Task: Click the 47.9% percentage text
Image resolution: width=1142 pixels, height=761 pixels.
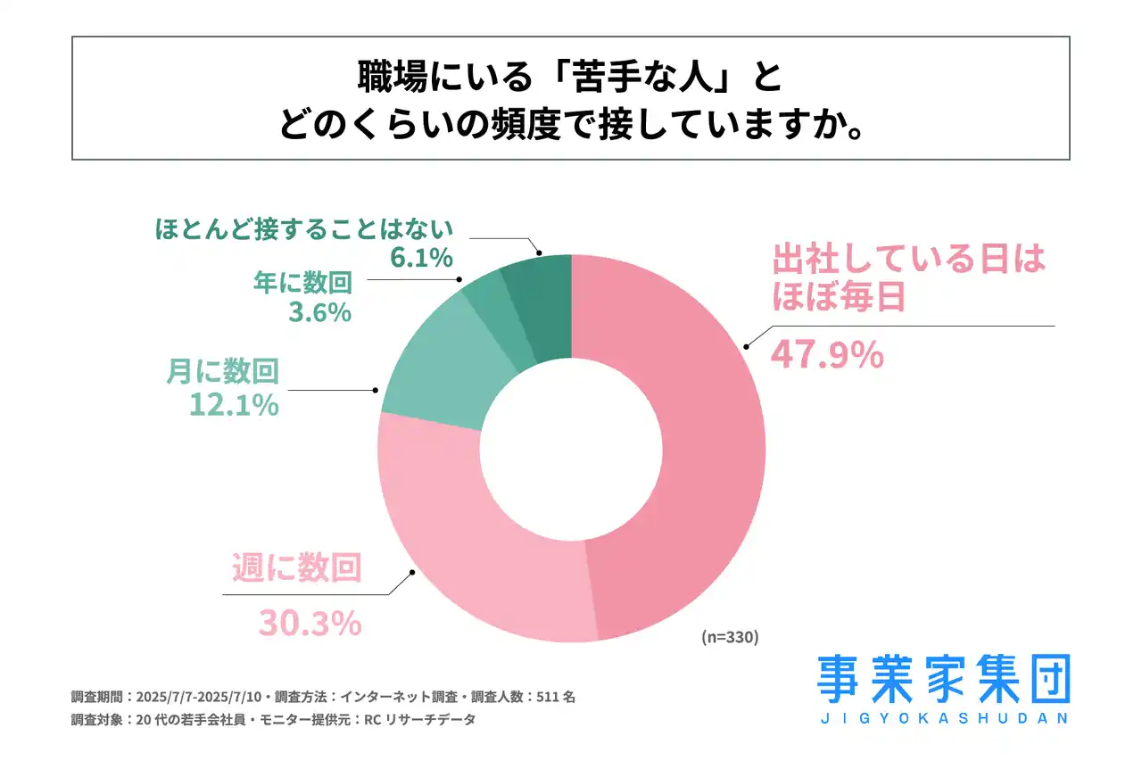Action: click(x=827, y=355)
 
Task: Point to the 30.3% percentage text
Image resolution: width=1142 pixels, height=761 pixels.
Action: click(x=310, y=623)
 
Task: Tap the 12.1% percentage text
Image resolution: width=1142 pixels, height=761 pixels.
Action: click(x=234, y=404)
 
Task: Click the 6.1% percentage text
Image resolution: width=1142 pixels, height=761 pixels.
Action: click(x=422, y=258)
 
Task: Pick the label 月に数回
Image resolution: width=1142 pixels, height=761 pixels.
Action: click(x=223, y=370)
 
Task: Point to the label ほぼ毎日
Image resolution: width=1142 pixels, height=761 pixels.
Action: click(x=839, y=297)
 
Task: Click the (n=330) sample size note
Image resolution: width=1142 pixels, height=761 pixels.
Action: click(x=729, y=637)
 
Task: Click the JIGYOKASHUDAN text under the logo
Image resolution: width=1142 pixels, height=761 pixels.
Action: click(x=943, y=717)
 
